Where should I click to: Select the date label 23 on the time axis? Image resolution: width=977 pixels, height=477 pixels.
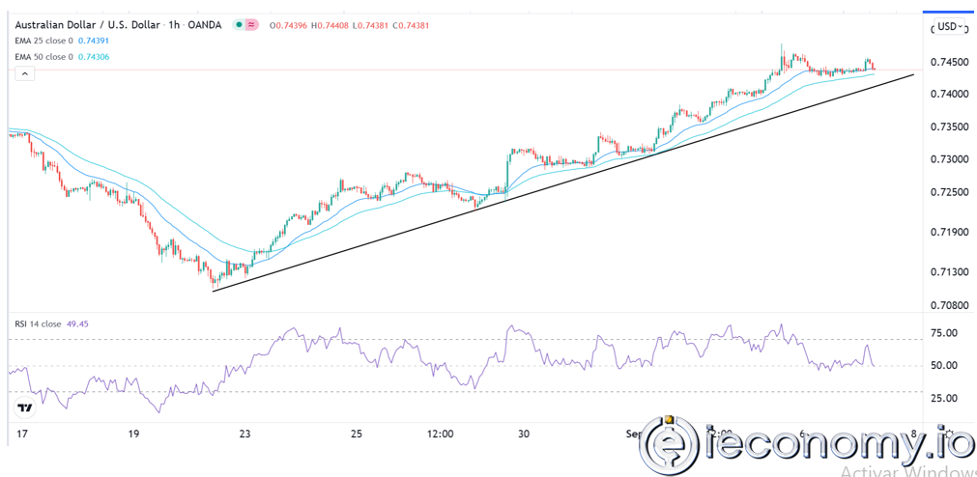click(246, 435)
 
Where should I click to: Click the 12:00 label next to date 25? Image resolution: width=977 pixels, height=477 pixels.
click(440, 435)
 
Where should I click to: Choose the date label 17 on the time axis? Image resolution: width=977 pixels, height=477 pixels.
click(22, 435)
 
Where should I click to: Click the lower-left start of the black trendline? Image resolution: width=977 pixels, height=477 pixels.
click(214, 290)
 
